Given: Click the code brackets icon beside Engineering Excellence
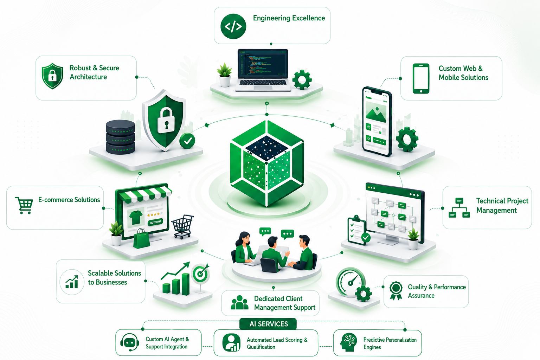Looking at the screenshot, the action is point(233,26).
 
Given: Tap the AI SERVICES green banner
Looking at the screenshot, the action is point(268,324).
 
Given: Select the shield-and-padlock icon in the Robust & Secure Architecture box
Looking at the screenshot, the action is point(52,76).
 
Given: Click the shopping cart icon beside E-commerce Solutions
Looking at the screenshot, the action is point(24,205).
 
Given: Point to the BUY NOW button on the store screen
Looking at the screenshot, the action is point(155,222).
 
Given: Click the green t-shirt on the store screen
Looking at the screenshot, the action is point(136,217).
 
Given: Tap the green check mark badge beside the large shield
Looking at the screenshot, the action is point(187,141).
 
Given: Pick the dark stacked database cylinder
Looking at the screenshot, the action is point(120,137).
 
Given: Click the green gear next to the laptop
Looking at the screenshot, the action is point(302,79).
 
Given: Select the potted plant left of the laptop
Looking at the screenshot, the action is point(224,75).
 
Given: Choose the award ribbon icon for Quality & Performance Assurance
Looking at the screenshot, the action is point(396,290).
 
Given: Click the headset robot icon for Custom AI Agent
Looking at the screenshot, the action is point(130,342).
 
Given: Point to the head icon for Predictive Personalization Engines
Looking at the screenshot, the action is point(349,342).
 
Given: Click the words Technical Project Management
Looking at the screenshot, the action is point(502,205).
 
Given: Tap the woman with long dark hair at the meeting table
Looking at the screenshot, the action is point(244,248).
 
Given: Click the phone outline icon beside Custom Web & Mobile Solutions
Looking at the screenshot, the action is point(421,78).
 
